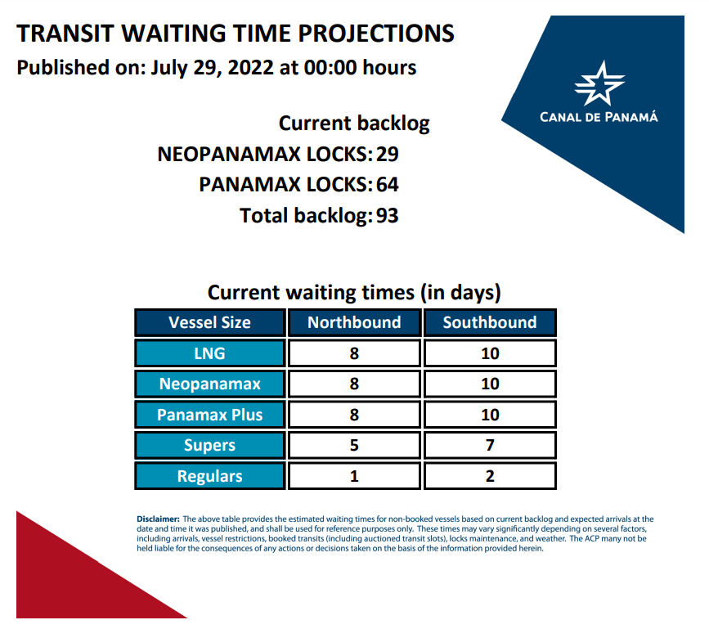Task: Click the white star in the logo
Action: coord(599,83)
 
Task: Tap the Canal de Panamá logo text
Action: coord(599,117)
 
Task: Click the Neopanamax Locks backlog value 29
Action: coord(388,155)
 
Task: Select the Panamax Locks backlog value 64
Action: coord(388,185)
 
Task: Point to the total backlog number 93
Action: coord(388,215)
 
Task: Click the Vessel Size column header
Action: coord(210,322)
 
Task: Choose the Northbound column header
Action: coord(355,322)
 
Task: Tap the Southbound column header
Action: coord(490,322)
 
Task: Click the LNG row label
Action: coord(210,353)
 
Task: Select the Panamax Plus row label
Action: coord(210,415)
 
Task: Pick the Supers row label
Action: coord(210,446)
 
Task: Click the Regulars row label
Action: coord(210,476)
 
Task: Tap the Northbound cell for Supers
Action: coord(355,446)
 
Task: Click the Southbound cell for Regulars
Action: coord(490,476)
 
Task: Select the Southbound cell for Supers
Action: coord(490,446)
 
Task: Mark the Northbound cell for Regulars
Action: coord(355,476)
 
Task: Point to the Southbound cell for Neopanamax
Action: coord(490,384)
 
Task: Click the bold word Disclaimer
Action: coord(159,519)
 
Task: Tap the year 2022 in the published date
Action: coord(251,68)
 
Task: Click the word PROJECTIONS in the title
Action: coord(376,34)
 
